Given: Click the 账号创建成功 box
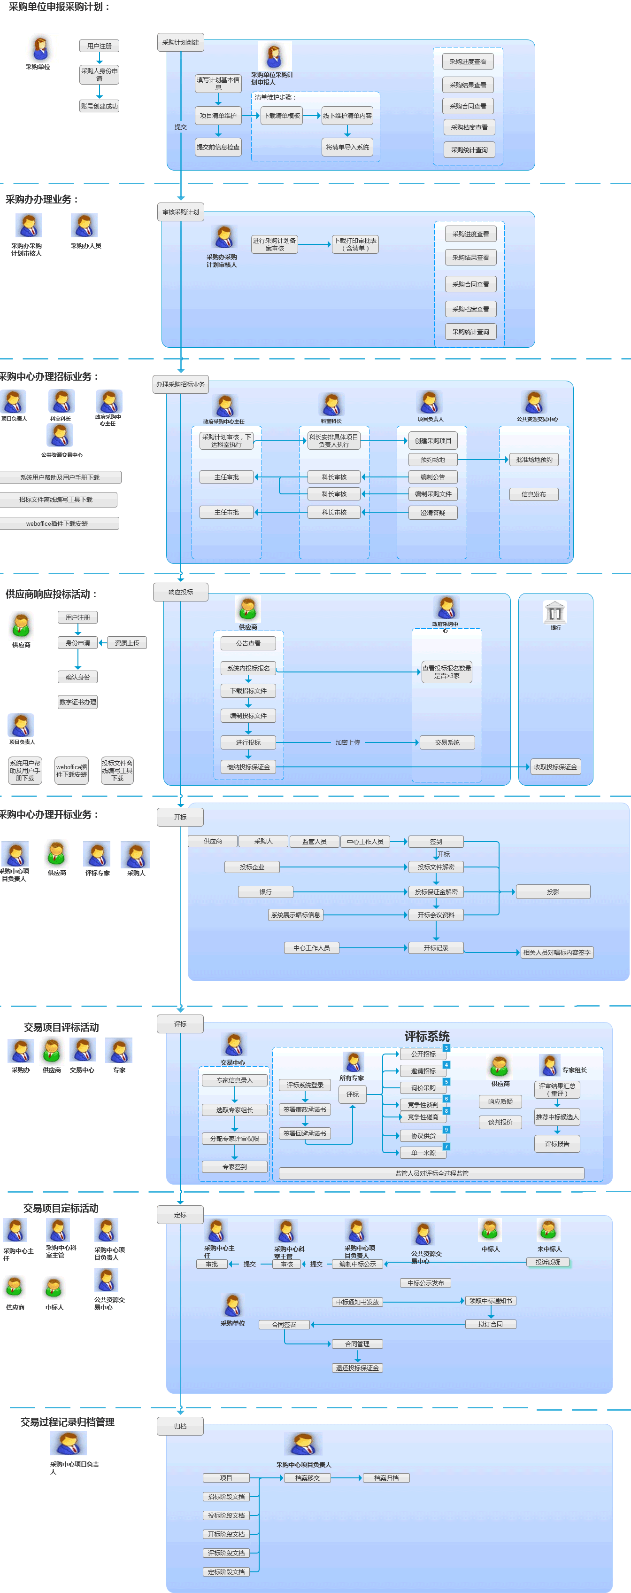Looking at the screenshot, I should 99,106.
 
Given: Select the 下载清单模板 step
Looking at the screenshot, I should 281,116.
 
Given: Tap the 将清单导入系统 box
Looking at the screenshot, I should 347,147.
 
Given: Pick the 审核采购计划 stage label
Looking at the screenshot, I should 180,212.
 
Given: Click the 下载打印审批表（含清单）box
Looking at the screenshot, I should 355,244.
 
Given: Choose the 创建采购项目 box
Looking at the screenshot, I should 432,441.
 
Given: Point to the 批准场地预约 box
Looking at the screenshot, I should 534,460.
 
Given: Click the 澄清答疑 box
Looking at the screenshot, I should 432,513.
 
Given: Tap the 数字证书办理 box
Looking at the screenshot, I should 78,702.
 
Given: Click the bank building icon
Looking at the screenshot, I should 554,612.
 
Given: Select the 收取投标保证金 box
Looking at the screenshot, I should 555,767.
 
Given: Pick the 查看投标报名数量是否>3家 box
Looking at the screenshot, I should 446,672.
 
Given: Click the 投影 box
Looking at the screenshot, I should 553,892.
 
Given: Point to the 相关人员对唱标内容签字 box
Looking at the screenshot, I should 556,953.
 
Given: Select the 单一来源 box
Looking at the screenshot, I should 423,1153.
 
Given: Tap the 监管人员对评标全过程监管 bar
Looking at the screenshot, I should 431,1173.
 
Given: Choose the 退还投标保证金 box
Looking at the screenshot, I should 357,1368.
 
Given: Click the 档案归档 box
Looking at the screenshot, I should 386,1478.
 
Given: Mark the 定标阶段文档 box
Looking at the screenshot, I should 226,1571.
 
